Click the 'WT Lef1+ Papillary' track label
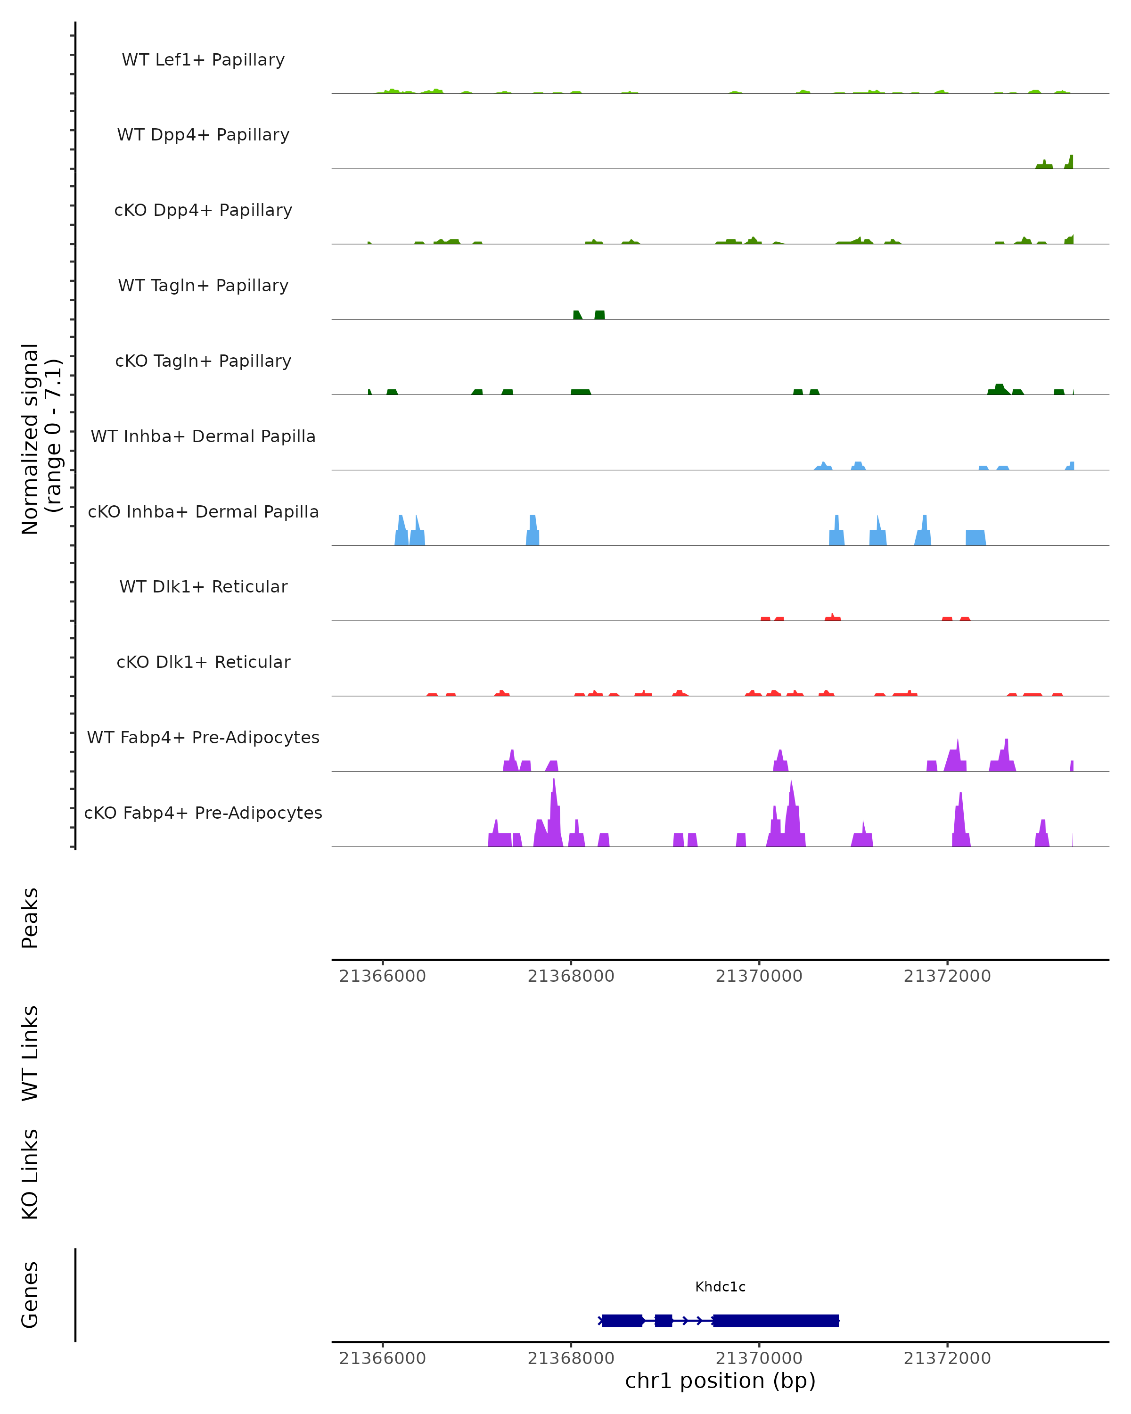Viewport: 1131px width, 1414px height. point(203,60)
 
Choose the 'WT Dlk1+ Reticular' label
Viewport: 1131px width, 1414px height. point(203,586)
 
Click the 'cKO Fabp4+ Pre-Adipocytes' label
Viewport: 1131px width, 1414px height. point(203,813)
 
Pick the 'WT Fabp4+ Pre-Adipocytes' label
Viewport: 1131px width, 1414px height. point(203,737)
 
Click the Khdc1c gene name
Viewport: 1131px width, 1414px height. point(720,1287)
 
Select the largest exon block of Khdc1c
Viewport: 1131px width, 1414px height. point(776,1320)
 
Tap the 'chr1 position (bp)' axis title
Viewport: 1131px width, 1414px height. point(720,1381)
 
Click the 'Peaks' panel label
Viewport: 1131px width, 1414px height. point(30,918)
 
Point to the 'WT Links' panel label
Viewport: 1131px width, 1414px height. point(30,1052)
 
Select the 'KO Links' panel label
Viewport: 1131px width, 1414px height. point(30,1174)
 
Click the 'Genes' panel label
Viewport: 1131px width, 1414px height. point(30,1295)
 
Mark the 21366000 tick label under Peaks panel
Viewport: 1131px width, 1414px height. point(382,976)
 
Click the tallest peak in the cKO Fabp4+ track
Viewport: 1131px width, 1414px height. point(554,787)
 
